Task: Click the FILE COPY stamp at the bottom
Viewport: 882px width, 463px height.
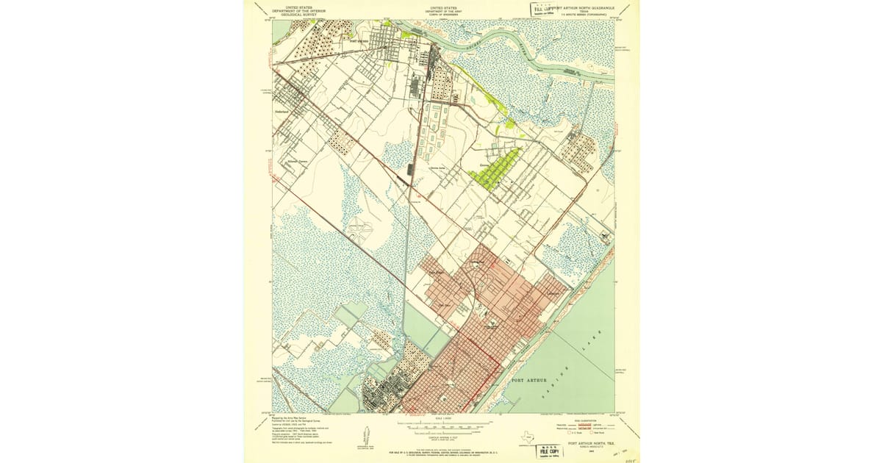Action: click(x=549, y=451)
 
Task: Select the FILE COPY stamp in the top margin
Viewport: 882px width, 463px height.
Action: click(x=544, y=10)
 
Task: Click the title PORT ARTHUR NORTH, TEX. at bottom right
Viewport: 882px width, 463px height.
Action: click(x=591, y=443)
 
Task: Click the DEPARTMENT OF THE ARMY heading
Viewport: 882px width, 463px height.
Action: click(x=442, y=10)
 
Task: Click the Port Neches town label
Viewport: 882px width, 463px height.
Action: click(x=359, y=41)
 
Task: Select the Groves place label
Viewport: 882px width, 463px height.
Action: click(x=484, y=165)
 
